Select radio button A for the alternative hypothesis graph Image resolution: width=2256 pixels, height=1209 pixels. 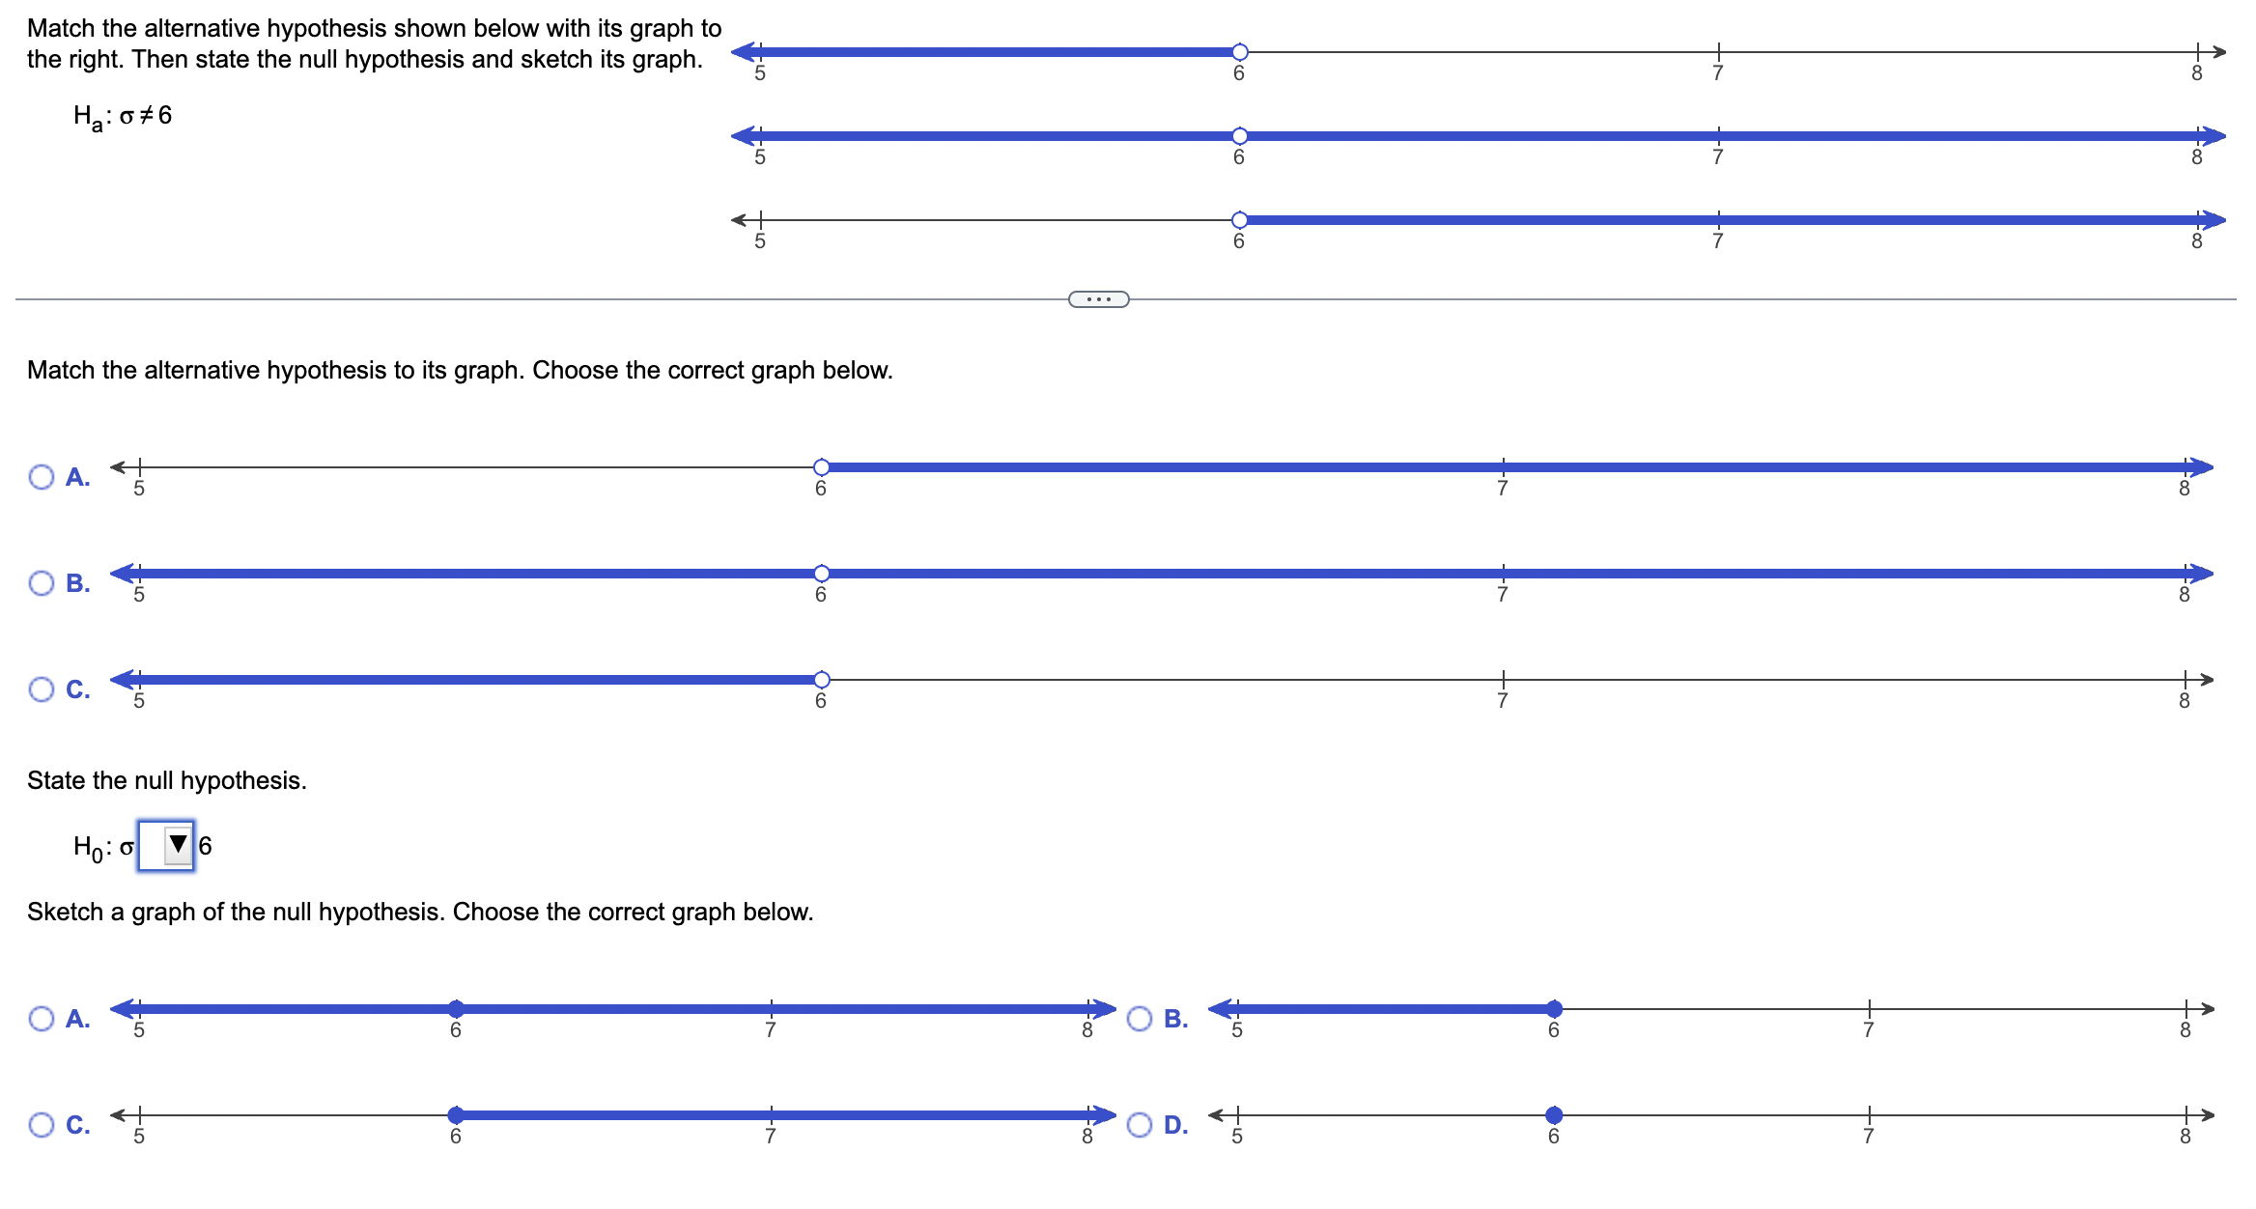(42, 477)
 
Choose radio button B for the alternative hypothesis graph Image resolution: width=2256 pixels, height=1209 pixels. (42, 583)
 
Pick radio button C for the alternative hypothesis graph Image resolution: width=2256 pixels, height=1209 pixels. (42, 689)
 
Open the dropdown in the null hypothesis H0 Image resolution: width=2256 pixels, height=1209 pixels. (167, 846)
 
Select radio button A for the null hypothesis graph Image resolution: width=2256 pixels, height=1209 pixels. (42, 1019)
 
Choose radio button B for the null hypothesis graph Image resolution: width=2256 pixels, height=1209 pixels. (1140, 1019)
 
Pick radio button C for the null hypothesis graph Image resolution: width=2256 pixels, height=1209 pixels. (42, 1125)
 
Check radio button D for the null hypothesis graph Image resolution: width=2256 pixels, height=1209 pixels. (1140, 1125)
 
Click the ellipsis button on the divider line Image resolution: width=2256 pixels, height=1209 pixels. (1098, 299)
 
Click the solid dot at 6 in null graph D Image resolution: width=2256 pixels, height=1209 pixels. (1554, 1115)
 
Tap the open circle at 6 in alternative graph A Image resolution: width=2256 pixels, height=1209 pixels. (821, 467)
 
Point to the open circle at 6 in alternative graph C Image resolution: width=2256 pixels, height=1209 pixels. (821, 680)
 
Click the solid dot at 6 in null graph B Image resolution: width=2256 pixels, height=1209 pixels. (1554, 1009)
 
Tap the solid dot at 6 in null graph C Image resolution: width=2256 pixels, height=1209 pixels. (456, 1115)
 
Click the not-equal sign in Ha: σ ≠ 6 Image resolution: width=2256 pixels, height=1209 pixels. (146, 116)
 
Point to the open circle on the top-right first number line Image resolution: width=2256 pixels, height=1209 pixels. (1239, 52)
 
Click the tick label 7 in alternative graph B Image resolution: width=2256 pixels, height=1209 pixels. (1502, 595)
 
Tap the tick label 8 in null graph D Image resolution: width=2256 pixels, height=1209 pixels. (2185, 1137)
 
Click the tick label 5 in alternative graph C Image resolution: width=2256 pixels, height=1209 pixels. (139, 701)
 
